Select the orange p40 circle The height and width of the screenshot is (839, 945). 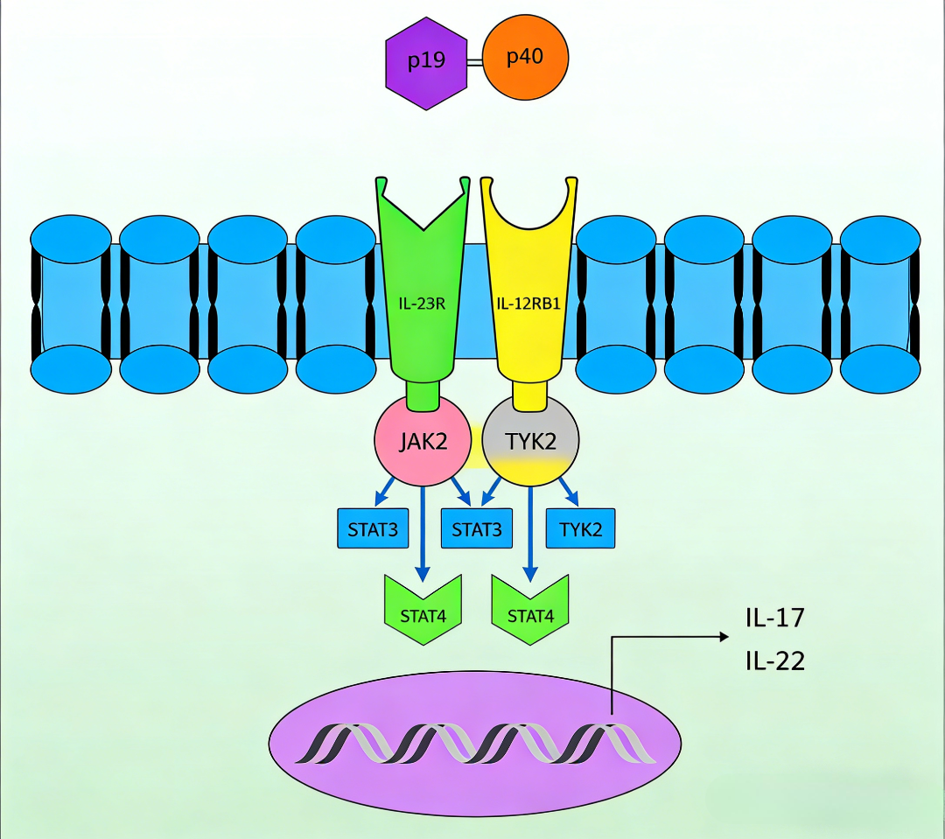pyautogui.click(x=525, y=58)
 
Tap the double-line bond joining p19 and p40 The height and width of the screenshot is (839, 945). pyautogui.click(x=474, y=62)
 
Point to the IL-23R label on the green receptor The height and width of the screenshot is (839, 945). pyautogui.click(x=421, y=305)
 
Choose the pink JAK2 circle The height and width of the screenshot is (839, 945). pyautogui.click(x=423, y=441)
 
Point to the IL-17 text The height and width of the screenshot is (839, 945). pyautogui.click(x=774, y=619)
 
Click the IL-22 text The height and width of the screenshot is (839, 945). pyautogui.click(x=774, y=660)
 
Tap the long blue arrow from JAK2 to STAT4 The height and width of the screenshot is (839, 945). pyautogui.click(x=423, y=534)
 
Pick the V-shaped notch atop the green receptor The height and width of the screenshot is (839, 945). pyautogui.click(x=422, y=219)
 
